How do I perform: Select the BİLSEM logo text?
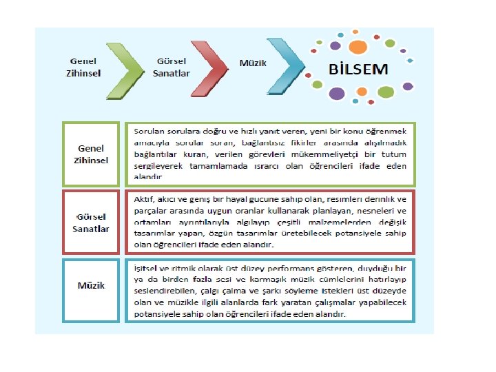[359, 70]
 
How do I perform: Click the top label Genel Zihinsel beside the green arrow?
[83, 68]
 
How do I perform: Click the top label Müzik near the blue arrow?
[253, 63]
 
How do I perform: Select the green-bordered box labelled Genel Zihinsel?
[92, 154]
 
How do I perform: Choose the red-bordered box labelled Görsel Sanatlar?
[92, 223]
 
